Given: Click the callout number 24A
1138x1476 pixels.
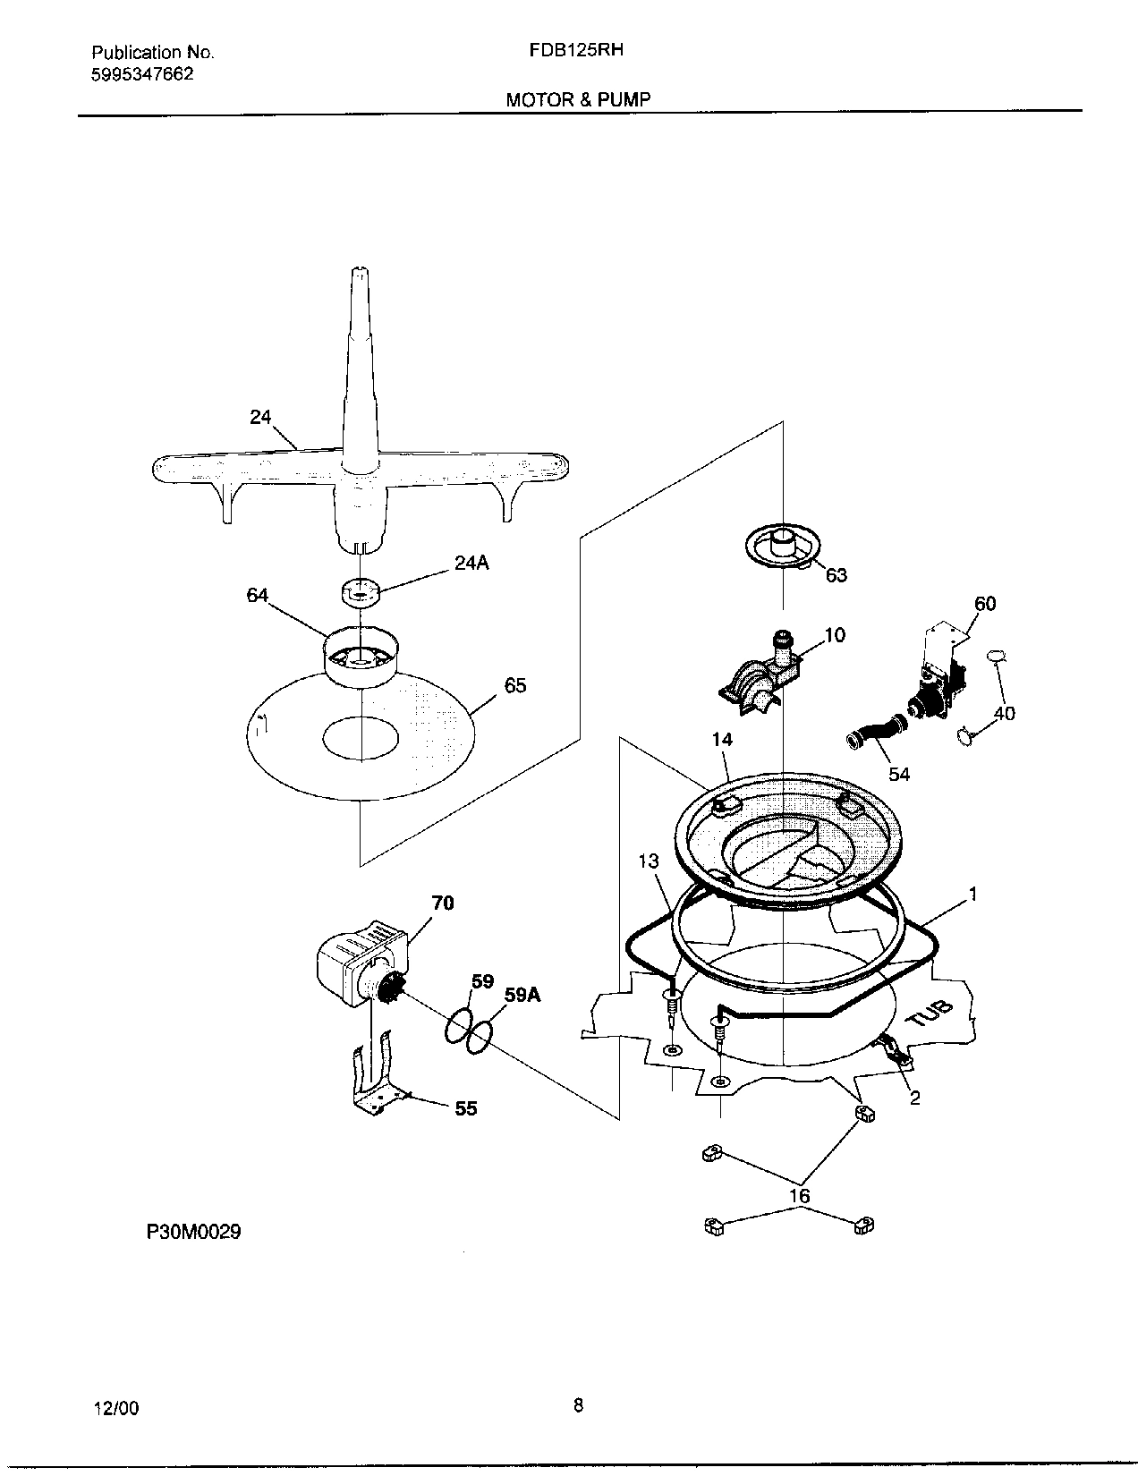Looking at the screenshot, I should coord(471,564).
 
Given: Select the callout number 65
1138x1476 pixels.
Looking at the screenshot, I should coord(515,686).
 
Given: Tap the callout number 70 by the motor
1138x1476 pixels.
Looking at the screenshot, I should coord(443,903).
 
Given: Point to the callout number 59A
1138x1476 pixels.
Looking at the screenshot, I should coord(523,994).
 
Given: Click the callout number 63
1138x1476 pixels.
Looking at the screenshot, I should coord(836,575).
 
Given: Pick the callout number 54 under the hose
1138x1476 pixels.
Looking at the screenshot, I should coord(899,774).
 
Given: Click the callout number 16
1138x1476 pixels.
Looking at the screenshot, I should coord(799,1196).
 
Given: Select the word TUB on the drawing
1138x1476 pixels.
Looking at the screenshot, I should coord(930,1015).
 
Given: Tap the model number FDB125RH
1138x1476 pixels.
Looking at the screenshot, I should coord(577,51).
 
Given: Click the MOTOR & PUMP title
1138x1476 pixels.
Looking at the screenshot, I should coord(578,99).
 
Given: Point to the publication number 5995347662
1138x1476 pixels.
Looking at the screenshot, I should coord(142,74).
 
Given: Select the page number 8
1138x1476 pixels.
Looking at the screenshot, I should coord(578,1405).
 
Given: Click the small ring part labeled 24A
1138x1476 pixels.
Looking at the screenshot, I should coord(361,591).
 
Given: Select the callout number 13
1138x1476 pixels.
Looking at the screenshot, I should coord(649,861).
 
